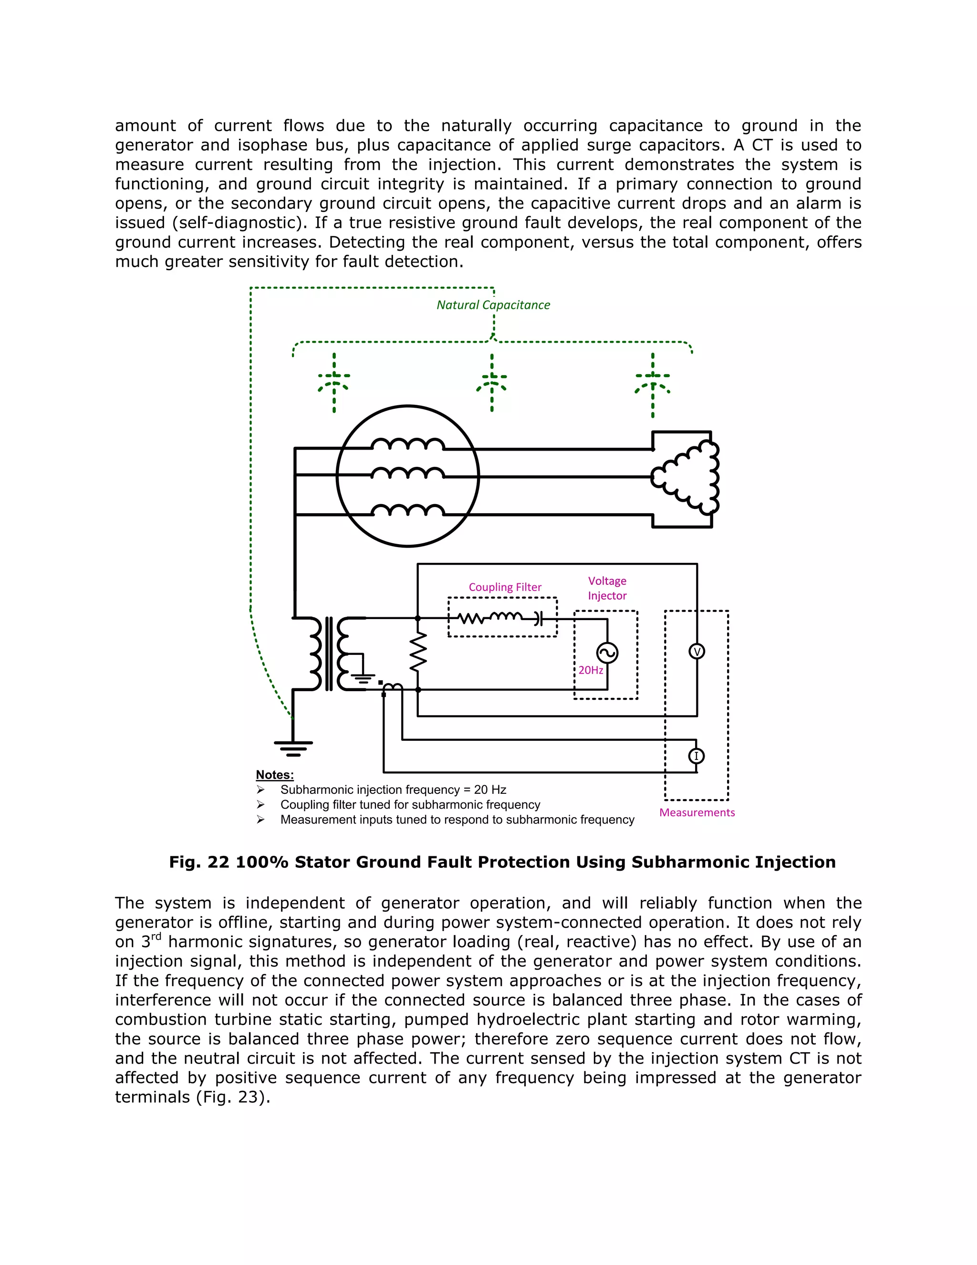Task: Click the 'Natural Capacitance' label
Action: [x=493, y=305]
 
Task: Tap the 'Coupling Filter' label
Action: [x=505, y=587]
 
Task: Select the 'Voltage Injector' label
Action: [x=607, y=588]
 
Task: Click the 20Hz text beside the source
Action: [x=591, y=670]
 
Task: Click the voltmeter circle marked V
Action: [x=697, y=652]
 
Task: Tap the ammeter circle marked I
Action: [x=696, y=756]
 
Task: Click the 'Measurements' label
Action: [x=697, y=812]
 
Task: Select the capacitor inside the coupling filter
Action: [x=538, y=618]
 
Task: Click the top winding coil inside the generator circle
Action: [x=408, y=444]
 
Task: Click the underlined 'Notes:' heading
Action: [x=275, y=775]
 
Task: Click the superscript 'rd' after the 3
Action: [x=156, y=937]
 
